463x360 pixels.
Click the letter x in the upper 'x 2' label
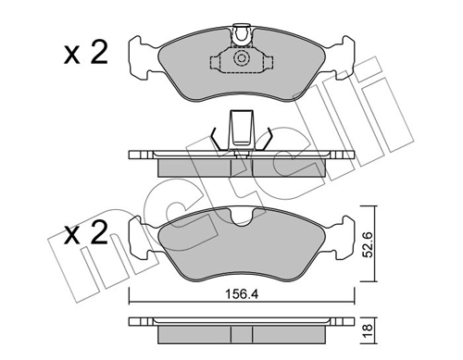pos(72,54)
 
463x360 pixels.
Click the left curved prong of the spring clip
pos(215,139)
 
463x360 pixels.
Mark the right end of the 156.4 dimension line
pos(354,298)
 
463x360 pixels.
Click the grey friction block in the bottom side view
pos(241,334)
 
